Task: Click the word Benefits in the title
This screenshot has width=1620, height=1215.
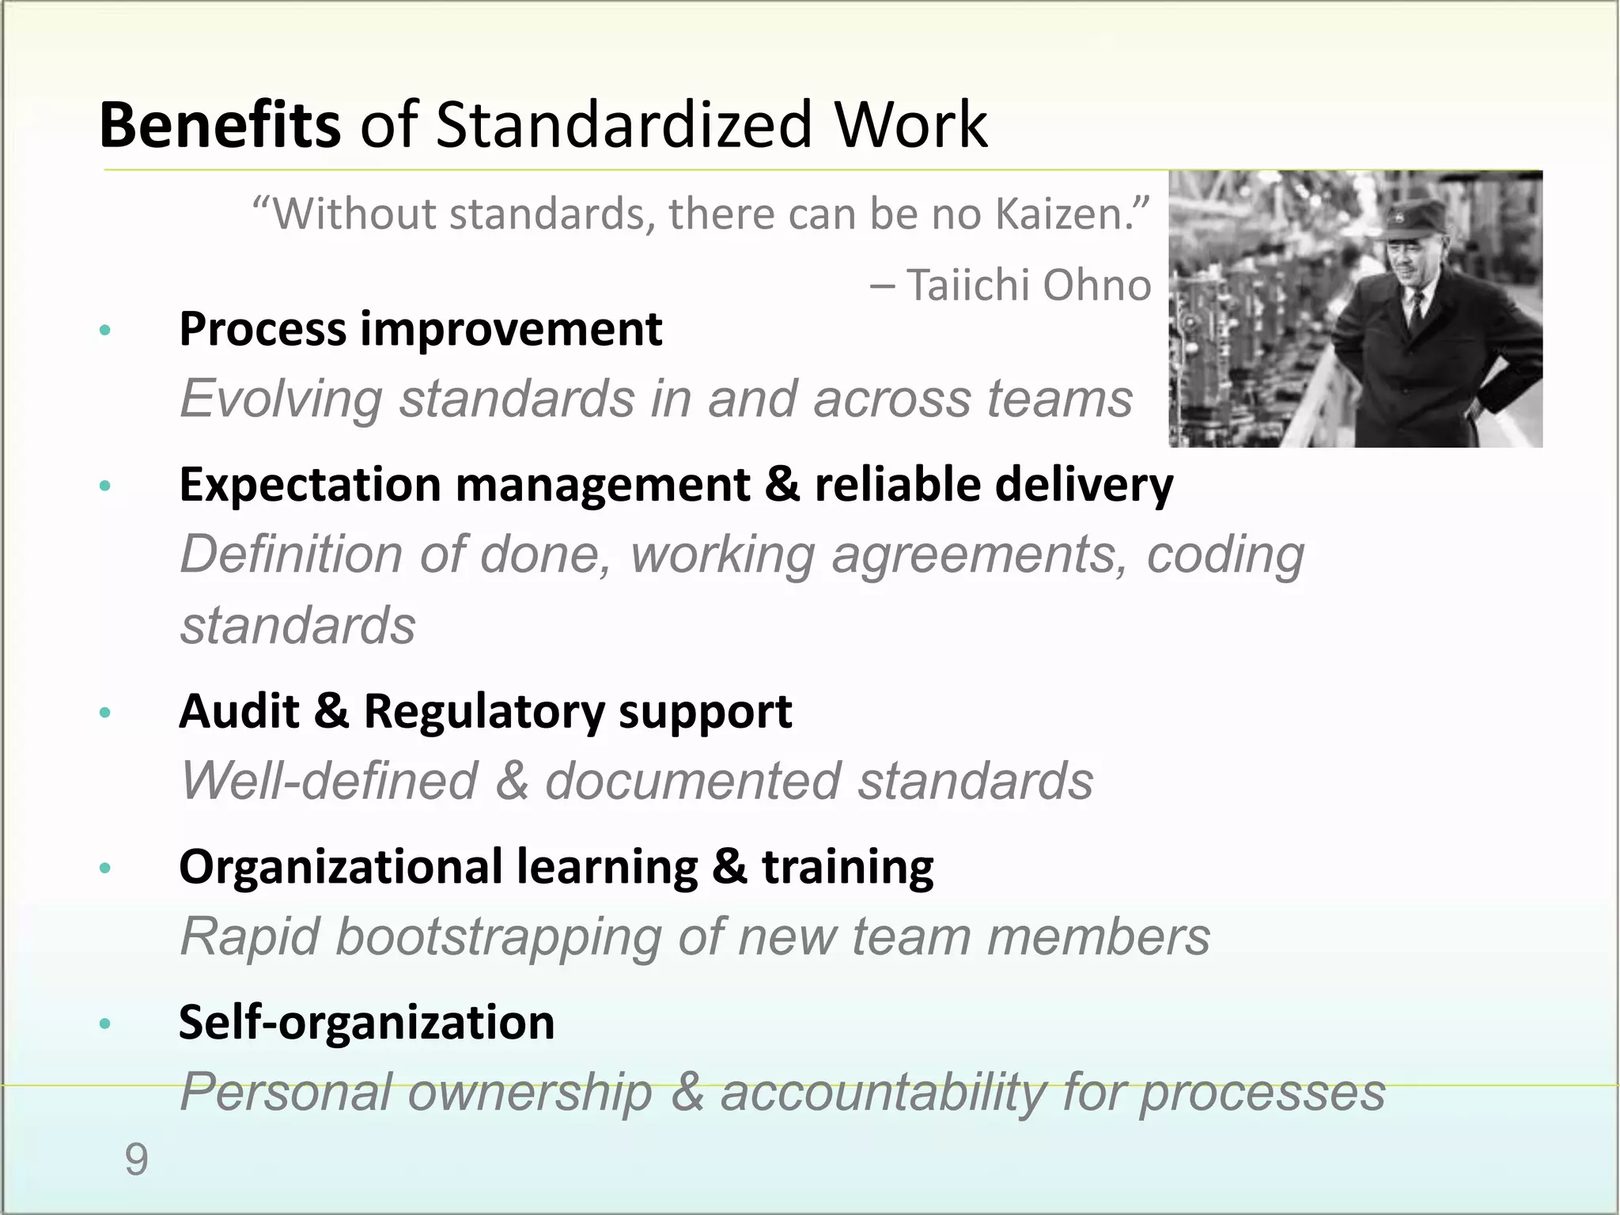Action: (x=220, y=125)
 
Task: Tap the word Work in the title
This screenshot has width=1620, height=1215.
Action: (x=910, y=125)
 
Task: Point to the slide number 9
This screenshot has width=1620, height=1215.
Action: (x=136, y=1160)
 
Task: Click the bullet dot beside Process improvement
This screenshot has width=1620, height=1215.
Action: (x=104, y=330)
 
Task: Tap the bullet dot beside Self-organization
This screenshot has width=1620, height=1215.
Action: (x=104, y=1024)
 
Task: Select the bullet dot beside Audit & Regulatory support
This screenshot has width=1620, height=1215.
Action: (x=104, y=713)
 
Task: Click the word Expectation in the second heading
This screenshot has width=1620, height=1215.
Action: (x=310, y=484)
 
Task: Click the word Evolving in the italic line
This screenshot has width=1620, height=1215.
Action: (x=281, y=398)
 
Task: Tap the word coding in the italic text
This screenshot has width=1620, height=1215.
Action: (x=1225, y=555)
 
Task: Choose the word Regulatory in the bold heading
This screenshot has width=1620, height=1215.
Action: (x=483, y=711)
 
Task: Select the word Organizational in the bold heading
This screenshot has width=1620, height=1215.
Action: (x=340, y=866)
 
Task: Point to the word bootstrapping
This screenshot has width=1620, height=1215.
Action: (x=498, y=937)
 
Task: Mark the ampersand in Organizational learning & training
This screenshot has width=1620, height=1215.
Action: (x=728, y=866)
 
